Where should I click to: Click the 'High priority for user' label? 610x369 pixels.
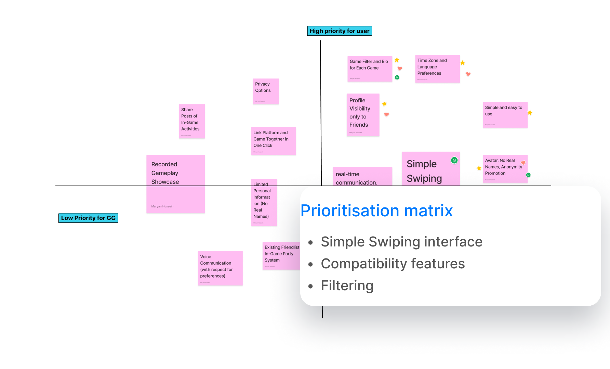coord(339,31)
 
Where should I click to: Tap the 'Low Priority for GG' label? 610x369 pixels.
coord(88,218)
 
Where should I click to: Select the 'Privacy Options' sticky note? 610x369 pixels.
coord(266,91)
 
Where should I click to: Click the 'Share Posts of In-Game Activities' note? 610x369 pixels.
coord(192,121)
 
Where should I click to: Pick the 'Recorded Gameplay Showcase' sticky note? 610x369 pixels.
coord(175,184)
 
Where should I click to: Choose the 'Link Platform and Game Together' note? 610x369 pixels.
coord(273,141)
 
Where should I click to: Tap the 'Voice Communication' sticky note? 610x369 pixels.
coord(220,268)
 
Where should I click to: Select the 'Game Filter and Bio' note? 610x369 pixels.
coord(370,68)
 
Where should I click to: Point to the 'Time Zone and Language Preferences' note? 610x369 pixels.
coord(437,68)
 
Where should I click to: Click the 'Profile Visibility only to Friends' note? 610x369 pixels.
coord(363,115)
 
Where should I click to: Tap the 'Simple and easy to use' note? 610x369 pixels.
coord(505,115)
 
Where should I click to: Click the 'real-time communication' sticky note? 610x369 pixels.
coord(362,177)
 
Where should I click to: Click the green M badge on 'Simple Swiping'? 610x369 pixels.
coord(454,160)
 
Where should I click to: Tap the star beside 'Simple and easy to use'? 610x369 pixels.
coord(530,113)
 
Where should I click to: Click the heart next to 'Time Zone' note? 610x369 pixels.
coord(468,74)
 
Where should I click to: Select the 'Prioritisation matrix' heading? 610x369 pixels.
coord(376,211)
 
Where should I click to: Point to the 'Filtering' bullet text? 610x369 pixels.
coord(347,285)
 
